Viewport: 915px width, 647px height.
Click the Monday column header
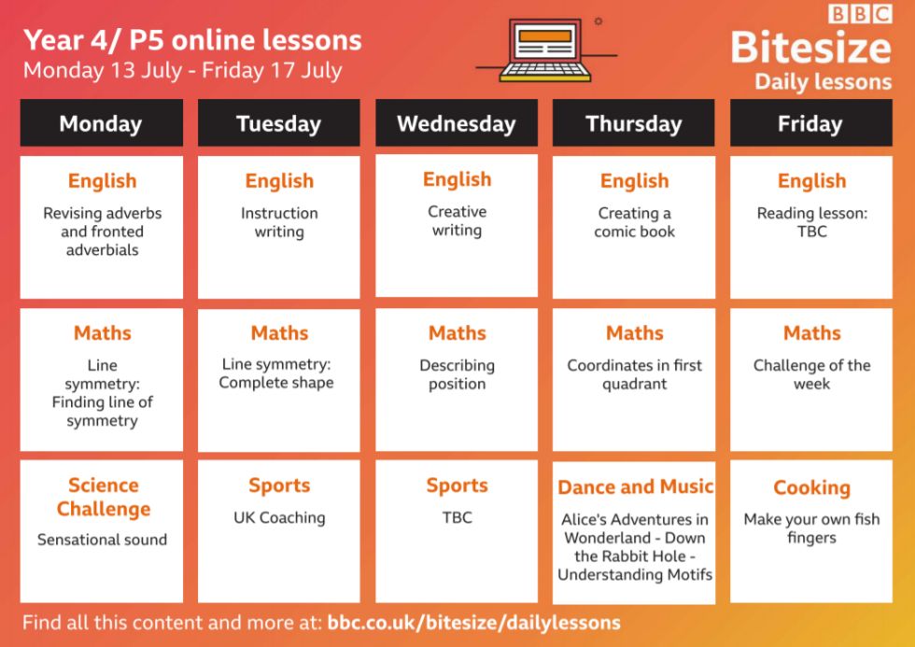[x=102, y=122]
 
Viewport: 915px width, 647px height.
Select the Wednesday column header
[x=457, y=122]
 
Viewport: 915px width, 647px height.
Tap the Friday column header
[x=811, y=122]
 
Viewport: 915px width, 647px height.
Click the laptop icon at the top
[x=545, y=50]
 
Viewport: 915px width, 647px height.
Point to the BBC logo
[x=860, y=13]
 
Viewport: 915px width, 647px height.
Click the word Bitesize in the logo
[x=811, y=48]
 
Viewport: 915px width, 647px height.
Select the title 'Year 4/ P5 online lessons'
[x=192, y=40]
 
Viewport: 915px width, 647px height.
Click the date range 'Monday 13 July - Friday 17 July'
[x=183, y=71]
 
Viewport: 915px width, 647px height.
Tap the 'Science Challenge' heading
[x=104, y=497]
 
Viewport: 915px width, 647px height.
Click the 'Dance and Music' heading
[x=635, y=486]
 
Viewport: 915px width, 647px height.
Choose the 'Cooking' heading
[x=811, y=487]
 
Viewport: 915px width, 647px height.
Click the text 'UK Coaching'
[x=279, y=518]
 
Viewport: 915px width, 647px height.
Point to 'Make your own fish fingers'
[x=811, y=528]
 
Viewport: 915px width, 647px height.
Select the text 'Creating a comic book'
[x=634, y=222]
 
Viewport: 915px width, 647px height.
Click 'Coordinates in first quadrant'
[x=634, y=374]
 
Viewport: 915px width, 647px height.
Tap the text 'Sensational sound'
[x=102, y=540]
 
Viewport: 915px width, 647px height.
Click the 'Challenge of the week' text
[x=811, y=374]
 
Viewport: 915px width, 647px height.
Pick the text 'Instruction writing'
[x=279, y=222]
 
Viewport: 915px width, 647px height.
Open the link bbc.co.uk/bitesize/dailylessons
[x=474, y=623]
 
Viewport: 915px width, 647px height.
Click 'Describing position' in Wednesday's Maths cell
[x=457, y=374]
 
